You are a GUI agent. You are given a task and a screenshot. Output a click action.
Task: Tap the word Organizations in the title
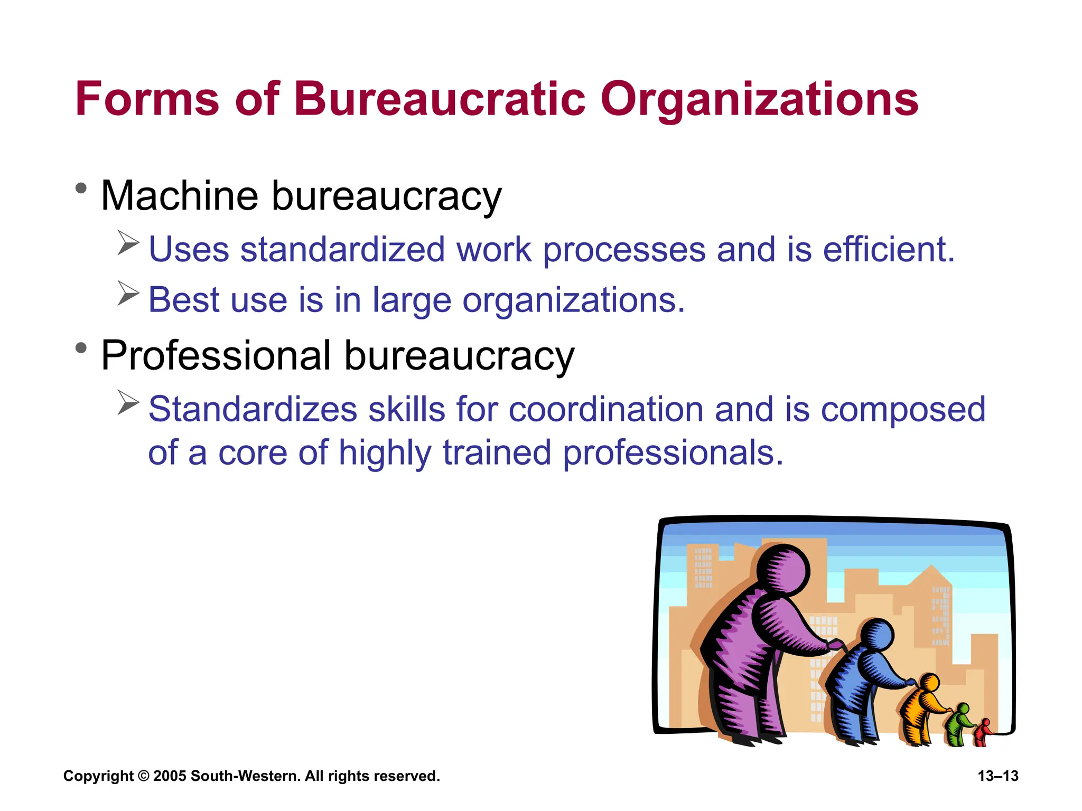(x=759, y=100)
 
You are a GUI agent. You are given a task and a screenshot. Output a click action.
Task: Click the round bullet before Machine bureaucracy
(x=81, y=188)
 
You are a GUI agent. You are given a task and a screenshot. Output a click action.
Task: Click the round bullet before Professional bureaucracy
(x=81, y=348)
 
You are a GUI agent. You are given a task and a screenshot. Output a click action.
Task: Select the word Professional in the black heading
(x=216, y=356)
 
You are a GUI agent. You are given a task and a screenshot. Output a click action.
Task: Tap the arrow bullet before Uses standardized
(x=128, y=243)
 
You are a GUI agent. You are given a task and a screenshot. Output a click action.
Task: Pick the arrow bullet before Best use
(x=128, y=293)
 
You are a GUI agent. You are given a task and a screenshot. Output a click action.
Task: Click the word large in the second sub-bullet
(x=412, y=301)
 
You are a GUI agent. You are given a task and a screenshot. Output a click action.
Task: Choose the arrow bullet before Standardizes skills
(x=128, y=403)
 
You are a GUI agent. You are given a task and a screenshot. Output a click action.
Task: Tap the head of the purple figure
(x=782, y=571)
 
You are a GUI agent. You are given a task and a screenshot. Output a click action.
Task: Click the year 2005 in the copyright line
(x=170, y=776)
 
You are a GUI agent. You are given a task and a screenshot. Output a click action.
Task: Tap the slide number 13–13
(x=997, y=776)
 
